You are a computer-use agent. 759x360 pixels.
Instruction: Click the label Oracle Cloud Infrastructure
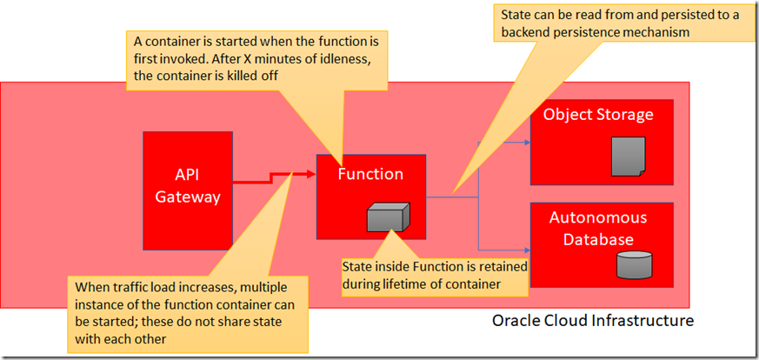593,321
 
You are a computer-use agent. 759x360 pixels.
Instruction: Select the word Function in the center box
370,174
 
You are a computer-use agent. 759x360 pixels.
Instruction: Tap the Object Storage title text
598,115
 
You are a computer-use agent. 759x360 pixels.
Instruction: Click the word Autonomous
598,218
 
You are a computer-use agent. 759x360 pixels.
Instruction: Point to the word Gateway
187,197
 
